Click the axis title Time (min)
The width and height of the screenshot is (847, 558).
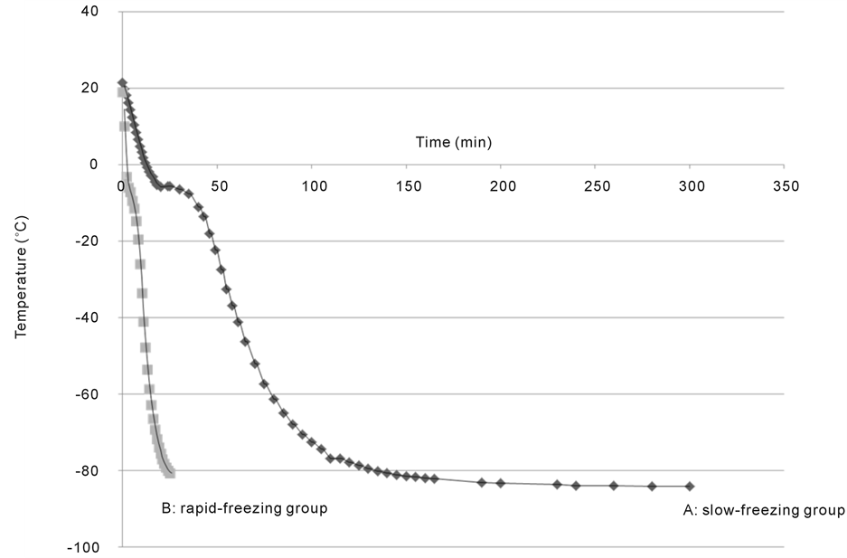[453, 142]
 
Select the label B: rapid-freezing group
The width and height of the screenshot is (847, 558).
[244, 508]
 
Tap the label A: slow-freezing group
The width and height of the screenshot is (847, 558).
[763, 510]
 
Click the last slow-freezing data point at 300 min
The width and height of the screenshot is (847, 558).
[690, 486]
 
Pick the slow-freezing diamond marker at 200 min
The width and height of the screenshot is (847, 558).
[501, 483]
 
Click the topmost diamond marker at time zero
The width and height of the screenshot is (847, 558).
[122, 83]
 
